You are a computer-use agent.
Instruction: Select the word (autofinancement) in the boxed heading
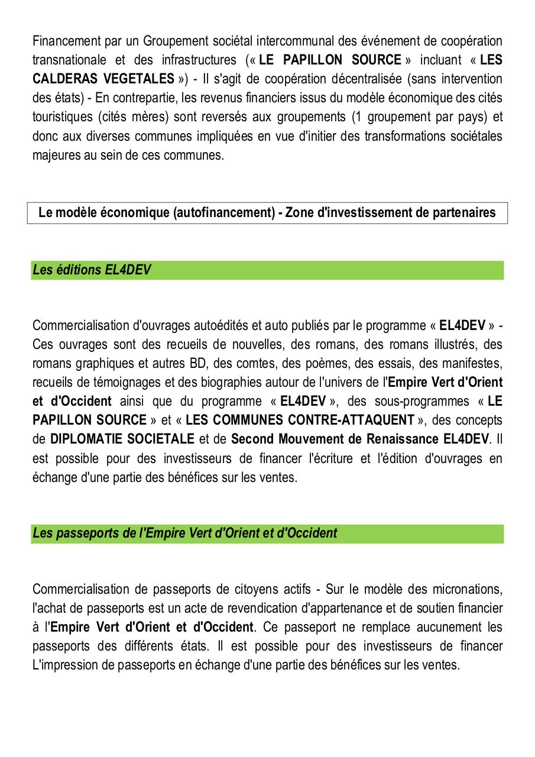pyautogui.click(x=225, y=212)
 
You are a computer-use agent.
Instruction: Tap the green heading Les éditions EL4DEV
pyautogui.click(x=92, y=270)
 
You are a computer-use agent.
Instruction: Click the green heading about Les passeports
pyautogui.click(x=184, y=533)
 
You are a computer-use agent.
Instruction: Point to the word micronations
pyautogui.click(x=466, y=589)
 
